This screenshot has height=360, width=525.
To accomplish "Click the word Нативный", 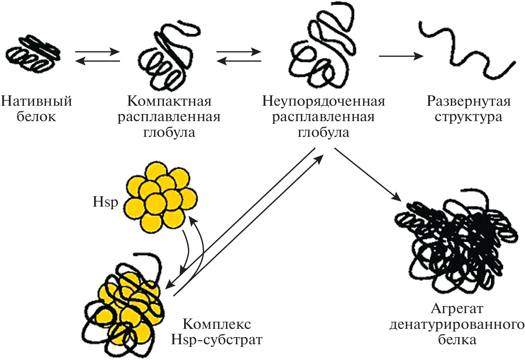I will (36, 101).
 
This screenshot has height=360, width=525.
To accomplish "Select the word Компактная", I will (169, 101).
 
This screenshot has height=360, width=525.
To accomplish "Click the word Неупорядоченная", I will (324, 101).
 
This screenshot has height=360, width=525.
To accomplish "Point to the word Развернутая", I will (469, 101).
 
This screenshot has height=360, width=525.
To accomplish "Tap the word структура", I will (469, 117).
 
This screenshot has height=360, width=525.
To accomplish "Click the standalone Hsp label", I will (105, 202).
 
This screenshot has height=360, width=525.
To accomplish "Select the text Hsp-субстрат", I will (217, 339).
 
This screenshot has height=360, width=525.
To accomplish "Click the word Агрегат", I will (457, 309).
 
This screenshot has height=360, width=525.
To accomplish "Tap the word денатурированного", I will (457, 324).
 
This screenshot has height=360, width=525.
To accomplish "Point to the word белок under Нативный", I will (36, 117).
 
